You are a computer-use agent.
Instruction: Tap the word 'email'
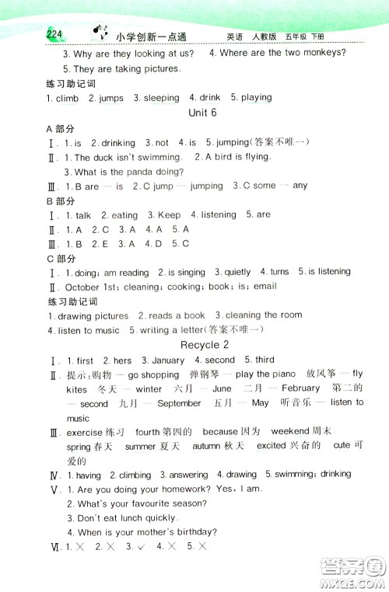(265, 287)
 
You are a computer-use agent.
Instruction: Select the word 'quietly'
(237, 272)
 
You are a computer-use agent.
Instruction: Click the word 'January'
(167, 360)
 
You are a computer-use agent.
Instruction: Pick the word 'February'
(300, 388)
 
